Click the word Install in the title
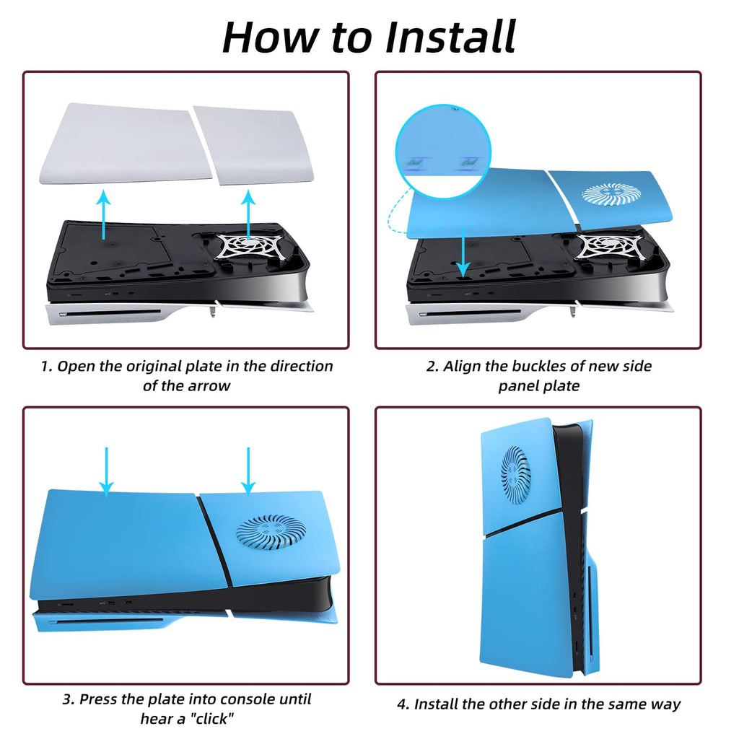point(451,37)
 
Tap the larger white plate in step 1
point(124,144)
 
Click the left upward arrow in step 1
point(104,214)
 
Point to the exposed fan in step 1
point(247,246)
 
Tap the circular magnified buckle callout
point(443,152)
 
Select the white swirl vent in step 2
point(611,193)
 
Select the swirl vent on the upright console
point(516,473)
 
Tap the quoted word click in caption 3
point(211,718)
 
